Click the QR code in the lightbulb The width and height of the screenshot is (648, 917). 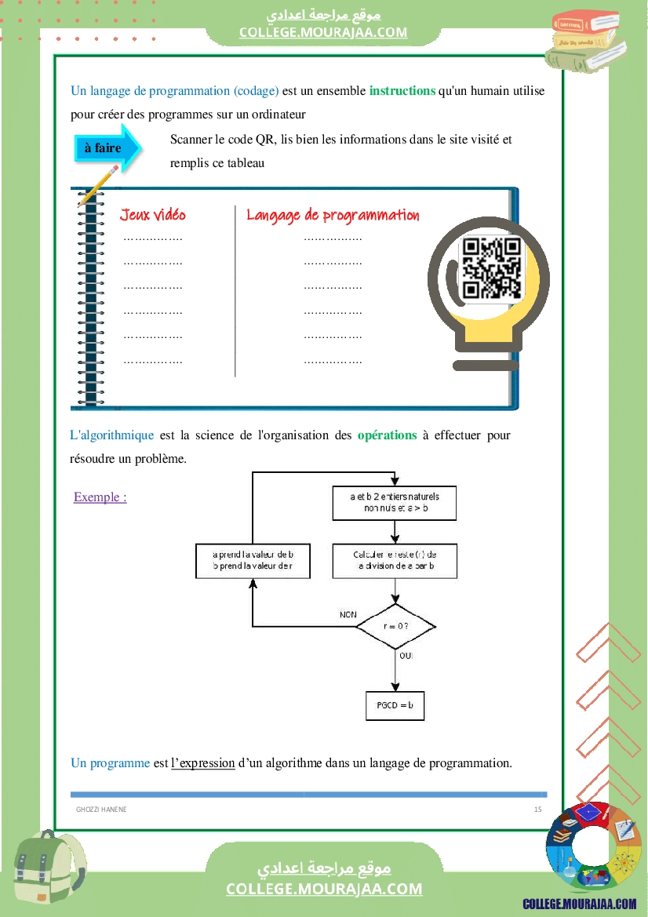[491, 269]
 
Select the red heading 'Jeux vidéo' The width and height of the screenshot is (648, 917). [153, 215]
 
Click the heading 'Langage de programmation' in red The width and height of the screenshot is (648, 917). [333, 215]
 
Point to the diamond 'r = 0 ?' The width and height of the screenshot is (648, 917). [395, 626]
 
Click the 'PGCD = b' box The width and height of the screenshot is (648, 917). [395, 705]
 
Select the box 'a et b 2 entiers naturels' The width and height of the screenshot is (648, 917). [395, 502]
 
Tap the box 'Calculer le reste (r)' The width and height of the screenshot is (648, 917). [395, 560]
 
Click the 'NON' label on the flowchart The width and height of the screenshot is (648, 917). [348, 614]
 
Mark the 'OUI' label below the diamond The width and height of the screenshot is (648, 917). [406, 655]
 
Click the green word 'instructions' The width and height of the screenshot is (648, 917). [402, 91]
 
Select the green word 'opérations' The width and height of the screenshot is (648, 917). [387, 435]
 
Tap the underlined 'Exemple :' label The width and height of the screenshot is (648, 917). [100, 497]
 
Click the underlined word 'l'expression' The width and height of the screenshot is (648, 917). [203, 762]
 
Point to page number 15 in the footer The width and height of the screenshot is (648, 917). [537, 809]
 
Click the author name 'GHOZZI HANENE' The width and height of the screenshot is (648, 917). [101, 809]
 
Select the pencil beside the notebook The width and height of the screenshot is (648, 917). [99, 184]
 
